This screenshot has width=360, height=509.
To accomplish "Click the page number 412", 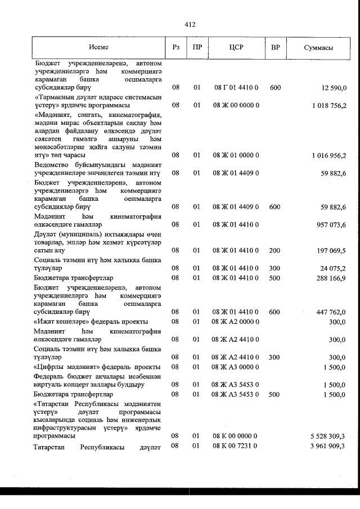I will pyautogui.click(x=190, y=24).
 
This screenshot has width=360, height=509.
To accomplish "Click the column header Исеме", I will pyautogui.click(x=98, y=48).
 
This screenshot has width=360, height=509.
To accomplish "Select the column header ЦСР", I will pyautogui.click(x=236, y=48).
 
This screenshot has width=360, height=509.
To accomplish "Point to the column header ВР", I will pyautogui.click(x=275, y=48).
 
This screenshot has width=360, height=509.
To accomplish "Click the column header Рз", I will pyautogui.click(x=176, y=48).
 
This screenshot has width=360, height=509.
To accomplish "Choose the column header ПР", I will pyautogui.click(x=197, y=48).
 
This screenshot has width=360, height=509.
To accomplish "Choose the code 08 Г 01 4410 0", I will pyautogui.click(x=236, y=88).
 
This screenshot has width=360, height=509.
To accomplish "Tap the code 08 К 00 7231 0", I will pyautogui.click(x=236, y=446).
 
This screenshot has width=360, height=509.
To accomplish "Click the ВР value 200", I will pyautogui.click(x=275, y=250).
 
